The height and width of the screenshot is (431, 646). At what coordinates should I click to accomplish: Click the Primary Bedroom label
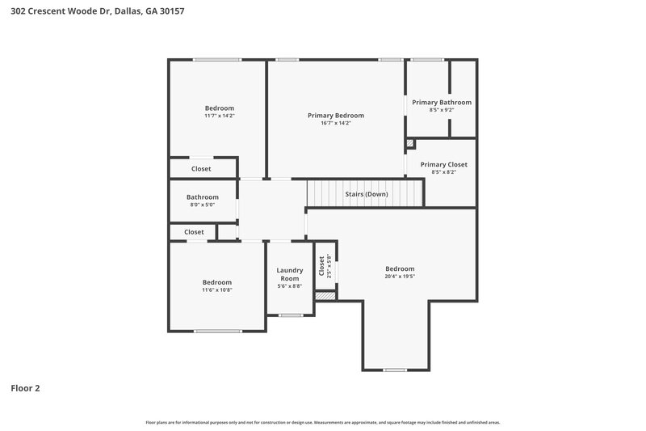coord(336,116)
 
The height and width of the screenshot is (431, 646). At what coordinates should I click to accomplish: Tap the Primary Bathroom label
coord(442,103)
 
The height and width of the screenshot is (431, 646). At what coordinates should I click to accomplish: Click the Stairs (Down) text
coord(366,194)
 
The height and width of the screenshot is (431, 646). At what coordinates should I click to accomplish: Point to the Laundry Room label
coord(290,274)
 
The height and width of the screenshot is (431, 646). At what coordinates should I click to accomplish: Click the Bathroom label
coord(203,197)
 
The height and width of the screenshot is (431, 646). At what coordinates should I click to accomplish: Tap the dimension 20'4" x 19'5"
coord(400,277)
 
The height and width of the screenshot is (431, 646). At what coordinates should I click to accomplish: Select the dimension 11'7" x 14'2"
coord(220,116)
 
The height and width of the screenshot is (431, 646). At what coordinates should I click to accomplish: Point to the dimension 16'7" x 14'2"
coord(336,123)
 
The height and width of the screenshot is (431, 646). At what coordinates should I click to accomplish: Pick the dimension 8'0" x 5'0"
coord(203,205)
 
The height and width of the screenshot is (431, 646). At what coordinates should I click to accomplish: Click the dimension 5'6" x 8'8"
coord(290,286)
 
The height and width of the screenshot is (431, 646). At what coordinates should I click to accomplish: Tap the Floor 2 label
coord(25,388)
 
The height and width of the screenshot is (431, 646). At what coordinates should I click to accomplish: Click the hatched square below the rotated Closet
coord(325,296)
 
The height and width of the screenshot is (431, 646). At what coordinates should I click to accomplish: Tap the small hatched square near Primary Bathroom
coord(409,143)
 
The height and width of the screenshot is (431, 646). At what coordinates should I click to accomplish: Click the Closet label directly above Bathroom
coord(201,169)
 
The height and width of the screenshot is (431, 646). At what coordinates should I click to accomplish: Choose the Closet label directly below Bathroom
coord(195,232)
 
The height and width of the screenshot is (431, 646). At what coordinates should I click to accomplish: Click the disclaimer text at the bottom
coord(323,422)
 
